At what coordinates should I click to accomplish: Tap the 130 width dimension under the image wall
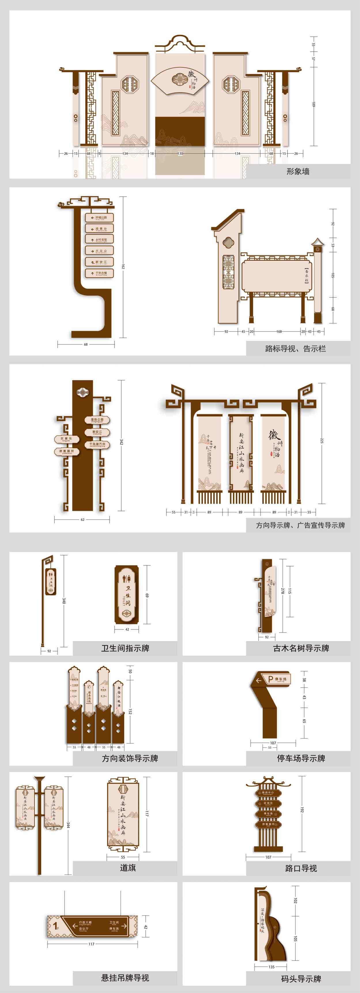tap(180, 153)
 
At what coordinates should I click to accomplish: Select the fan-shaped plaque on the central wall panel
tap(180, 80)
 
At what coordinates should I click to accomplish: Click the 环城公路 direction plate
tap(99, 217)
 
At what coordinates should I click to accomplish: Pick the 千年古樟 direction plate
tap(99, 273)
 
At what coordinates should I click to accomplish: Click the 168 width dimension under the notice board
tap(279, 331)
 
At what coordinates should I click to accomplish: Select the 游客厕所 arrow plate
tap(67, 451)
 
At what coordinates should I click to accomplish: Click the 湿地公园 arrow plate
tap(97, 420)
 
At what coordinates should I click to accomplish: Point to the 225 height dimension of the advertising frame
tap(321, 440)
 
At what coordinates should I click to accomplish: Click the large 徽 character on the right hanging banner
tap(274, 435)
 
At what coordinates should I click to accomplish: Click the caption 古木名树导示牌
tap(301, 648)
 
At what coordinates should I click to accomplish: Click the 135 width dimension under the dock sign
tap(271, 966)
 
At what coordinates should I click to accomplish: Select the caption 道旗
tap(128, 867)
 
